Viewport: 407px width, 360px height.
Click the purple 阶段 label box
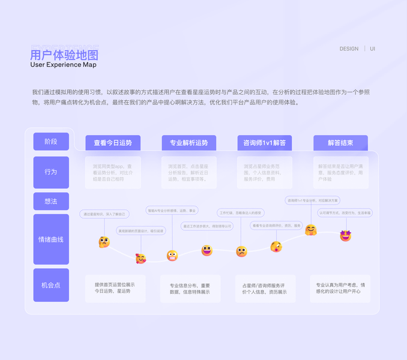pos(51,142)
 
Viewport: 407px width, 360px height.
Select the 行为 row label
pos(51,172)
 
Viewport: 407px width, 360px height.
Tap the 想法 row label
pos(51,202)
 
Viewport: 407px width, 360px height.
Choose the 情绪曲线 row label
pos(51,239)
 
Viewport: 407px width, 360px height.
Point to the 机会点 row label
pos(51,285)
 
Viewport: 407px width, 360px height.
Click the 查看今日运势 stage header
pos(113,143)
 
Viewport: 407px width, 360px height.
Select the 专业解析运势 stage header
pos(188,143)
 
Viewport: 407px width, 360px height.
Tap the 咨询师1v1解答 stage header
pos(265,143)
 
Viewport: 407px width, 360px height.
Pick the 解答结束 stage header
pos(340,143)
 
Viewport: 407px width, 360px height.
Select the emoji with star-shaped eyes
pos(345,236)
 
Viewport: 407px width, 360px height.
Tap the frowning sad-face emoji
pos(241,251)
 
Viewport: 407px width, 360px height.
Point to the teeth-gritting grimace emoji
pos(172,256)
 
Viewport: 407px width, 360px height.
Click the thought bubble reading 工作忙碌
pos(240,212)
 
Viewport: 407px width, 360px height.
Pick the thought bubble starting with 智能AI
pos(172,211)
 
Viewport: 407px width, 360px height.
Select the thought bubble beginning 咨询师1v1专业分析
pos(313,200)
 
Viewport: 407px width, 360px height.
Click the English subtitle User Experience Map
pos(63,65)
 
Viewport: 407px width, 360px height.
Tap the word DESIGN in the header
pos(349,49)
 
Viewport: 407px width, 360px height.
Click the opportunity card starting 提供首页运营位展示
pos(115,288)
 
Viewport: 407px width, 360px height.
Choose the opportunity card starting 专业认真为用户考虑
pos(340,288)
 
